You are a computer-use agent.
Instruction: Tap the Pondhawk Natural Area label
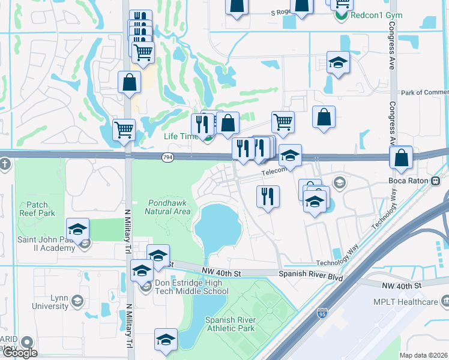[168, 207]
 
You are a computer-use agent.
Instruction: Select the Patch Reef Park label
[37, 209]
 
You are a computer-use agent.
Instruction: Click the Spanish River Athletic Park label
[230, 324]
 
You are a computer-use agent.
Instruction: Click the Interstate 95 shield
[322, 313]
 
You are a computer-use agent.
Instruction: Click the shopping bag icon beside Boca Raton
[401, 158]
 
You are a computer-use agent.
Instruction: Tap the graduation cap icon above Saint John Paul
[77, 229]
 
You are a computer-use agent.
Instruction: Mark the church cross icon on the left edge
[5, 164]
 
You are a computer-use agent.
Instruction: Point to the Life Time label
[181, 136]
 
